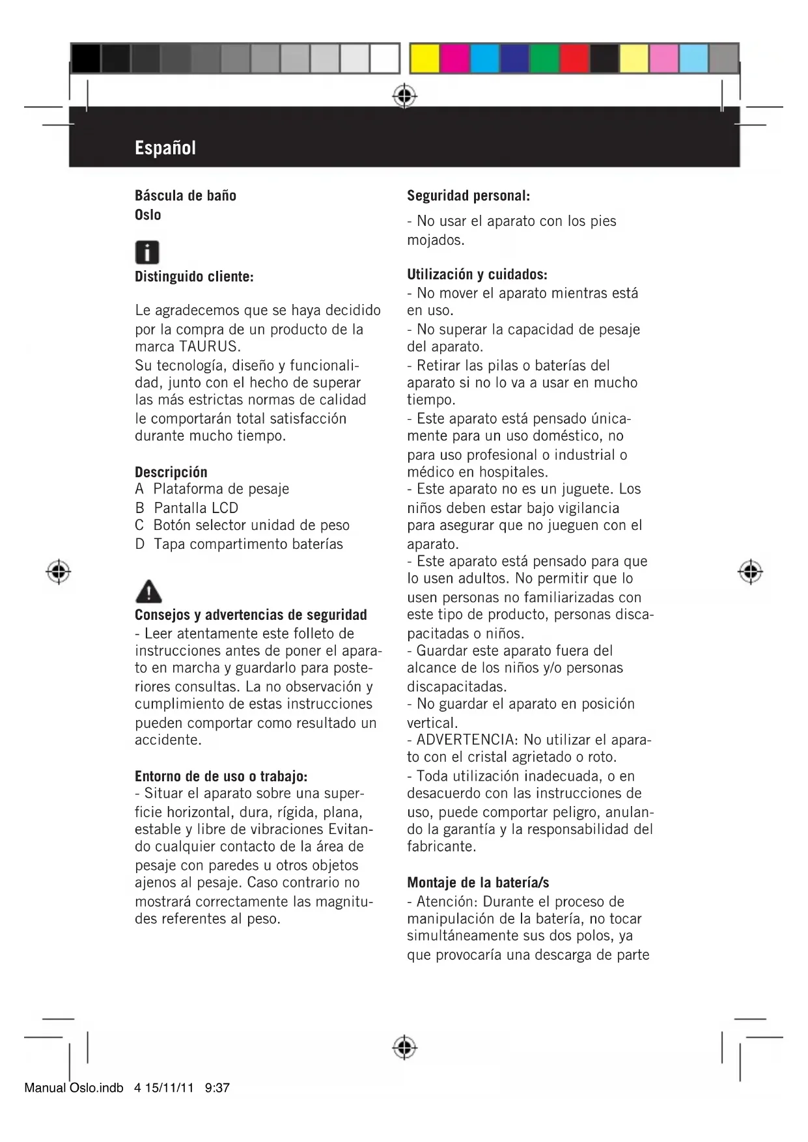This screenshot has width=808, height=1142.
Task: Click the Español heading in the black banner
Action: [x=165, y=148]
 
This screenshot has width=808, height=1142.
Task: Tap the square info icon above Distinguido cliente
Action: [x=147, y=252]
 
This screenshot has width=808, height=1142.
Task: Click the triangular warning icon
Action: [x=148, y=591]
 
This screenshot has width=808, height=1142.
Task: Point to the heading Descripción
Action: [x=171, y=471]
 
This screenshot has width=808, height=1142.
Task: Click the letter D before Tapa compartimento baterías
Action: [x=139, y=544]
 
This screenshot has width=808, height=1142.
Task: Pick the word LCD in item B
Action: [x=225, y=508]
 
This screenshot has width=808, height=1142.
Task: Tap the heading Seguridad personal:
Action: [x=468, y=195]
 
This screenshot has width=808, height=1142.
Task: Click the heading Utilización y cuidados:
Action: [x=477, y=274]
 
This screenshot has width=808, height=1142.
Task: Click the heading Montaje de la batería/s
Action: [x=478, y=883]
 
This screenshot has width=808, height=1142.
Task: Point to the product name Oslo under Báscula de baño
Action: [x=148, y=215]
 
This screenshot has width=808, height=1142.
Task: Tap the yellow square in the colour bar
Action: [x=424, y=59]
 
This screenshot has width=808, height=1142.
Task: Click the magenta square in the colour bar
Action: [x=454, y=59]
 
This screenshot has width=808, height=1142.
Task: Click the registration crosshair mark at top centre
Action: [x=404, y=96]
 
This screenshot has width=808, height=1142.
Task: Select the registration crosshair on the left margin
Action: [x=59, y=572]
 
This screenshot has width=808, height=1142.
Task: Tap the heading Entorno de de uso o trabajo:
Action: [x=221, y=776]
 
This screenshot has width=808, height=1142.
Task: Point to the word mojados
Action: [x=435, y=240]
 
